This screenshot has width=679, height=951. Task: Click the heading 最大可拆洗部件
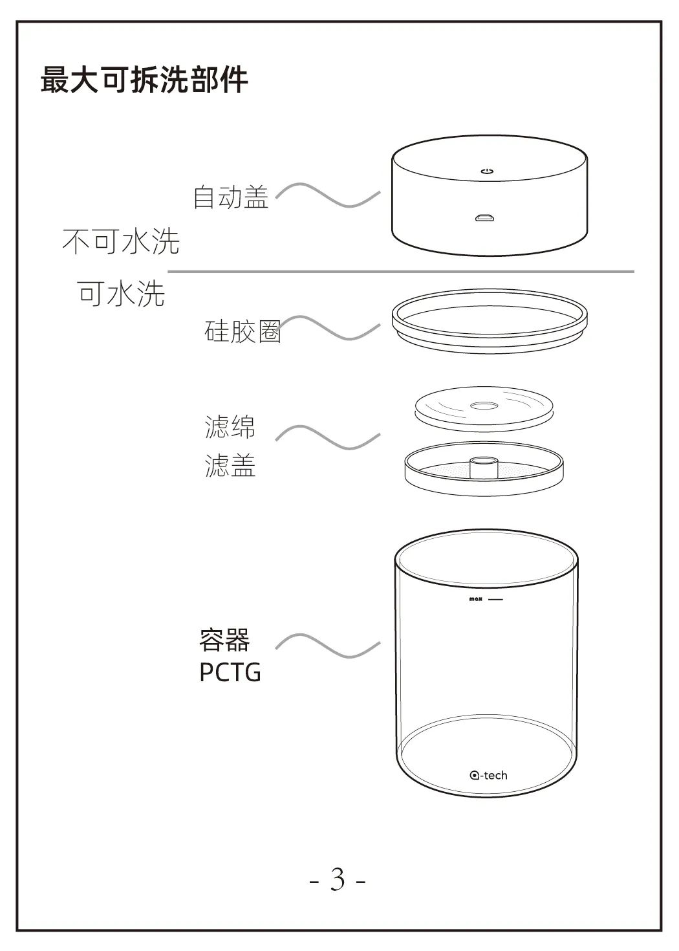click(144, 80)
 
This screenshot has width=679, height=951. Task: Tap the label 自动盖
click(231, 197)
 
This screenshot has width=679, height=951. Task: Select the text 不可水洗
click(121, 241)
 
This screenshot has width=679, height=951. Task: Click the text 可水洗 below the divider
click(121, 293)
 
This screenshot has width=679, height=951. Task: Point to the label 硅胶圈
click(242, 331)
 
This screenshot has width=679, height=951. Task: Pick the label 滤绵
click(230, 426)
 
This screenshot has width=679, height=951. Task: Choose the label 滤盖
click(230, 465)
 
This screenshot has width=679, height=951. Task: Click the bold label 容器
click(224, 640)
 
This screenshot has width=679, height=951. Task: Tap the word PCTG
click(230, 672)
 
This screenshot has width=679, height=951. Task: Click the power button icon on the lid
click(487, 171)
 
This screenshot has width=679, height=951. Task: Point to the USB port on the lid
click(484, 218)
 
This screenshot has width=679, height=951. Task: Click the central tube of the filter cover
click(484, 466)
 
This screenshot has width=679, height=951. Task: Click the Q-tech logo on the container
click(488, 775)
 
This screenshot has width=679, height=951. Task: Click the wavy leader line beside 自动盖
click(328, 195)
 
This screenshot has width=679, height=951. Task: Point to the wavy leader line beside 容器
click(328, 646)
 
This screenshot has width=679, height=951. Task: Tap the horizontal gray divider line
click(401, 271)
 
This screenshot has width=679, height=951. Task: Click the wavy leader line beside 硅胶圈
click(328, 328)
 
